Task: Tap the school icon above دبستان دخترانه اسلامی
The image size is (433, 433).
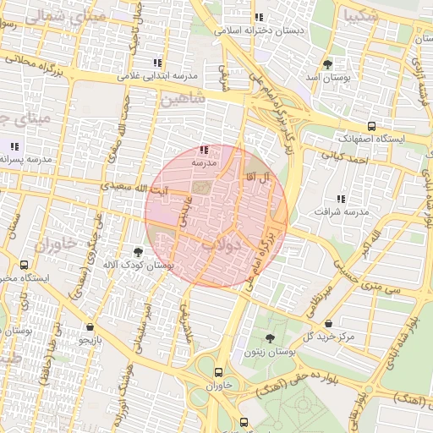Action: click(260, 17)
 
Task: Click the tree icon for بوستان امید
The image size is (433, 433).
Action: click(327, 64)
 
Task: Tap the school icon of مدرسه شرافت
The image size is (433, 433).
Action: click(341, 199)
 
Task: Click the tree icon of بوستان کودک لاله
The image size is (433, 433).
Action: click(138, 252)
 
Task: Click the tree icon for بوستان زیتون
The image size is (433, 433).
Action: click(270, 338)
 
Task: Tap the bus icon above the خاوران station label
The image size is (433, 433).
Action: click(220, 372)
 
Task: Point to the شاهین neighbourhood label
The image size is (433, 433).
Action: click(181, 100)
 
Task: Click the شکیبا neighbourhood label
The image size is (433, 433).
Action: click(357, 14)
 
